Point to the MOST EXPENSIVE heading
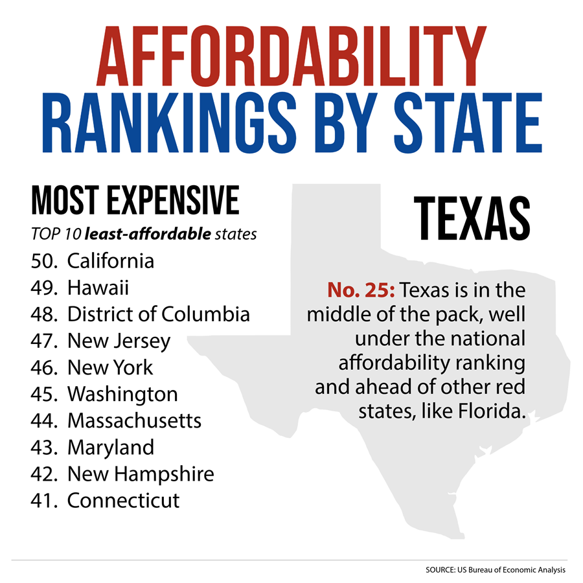pyautogui.click(x=135, y=201)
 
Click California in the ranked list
pyautogui.click(x=111, y=261)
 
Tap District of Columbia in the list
pyautogui.click(x=159, y=314)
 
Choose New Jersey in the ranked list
pyautogui.click(x=119, y=341)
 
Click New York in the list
pyautogui.click(x=110, y=367)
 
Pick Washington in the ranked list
pyautogui.click(x=122, y=394)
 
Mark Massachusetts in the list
pyautogui.click(x=134, y=420)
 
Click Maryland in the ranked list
pyautogui.click(x=111, y=447)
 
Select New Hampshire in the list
pyautogui.click(x=141, y=474)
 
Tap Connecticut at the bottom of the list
pyautogui.click(x=124, y=500)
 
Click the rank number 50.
pyautogui.click(x=43, y=261)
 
